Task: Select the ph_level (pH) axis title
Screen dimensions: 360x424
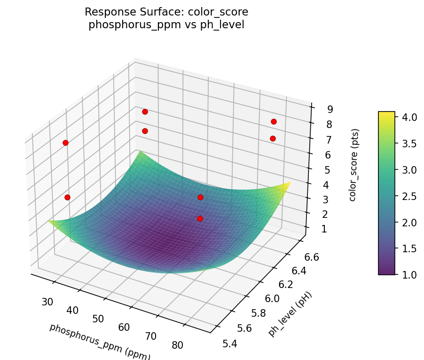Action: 290,314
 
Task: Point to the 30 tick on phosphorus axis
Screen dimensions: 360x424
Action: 47,302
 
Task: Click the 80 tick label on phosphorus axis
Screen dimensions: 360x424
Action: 177,345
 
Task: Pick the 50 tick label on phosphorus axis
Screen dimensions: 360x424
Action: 98,319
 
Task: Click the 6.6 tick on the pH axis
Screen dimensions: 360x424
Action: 309,257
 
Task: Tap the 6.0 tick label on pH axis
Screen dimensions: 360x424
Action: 273,299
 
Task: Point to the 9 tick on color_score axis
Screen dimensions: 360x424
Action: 330,110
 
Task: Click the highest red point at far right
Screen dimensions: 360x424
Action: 274,121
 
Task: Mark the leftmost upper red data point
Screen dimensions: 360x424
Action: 65,143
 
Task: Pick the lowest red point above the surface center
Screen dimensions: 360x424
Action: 200,218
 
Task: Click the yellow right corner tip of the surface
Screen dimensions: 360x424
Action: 291,182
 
